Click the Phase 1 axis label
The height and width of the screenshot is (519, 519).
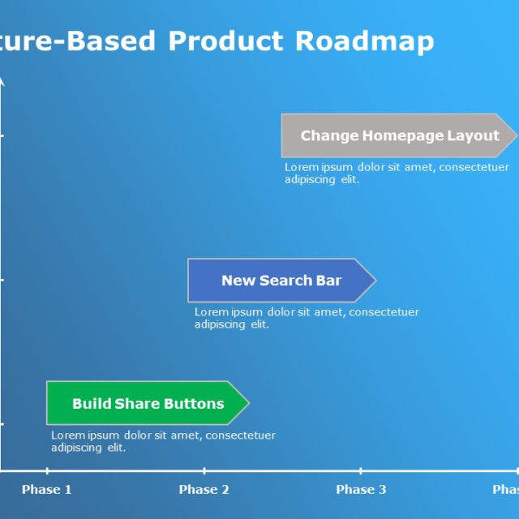(x=46, y=489)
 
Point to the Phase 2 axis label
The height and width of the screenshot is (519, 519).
(x=204, y=489)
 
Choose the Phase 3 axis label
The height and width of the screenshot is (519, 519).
(x=361, y=489)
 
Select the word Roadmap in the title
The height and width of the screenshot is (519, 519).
(x=364, y=41)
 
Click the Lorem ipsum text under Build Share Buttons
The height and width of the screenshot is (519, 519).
(x=163, y=441)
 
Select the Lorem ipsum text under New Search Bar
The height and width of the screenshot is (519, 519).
(x=307, y=318)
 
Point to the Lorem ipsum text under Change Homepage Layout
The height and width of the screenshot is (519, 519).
(x=397, y=173)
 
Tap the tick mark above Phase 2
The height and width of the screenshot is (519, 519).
(x=204, y=470)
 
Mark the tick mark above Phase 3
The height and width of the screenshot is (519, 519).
(x=361, y=470)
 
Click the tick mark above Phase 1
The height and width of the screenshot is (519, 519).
(x=46, y=470)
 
